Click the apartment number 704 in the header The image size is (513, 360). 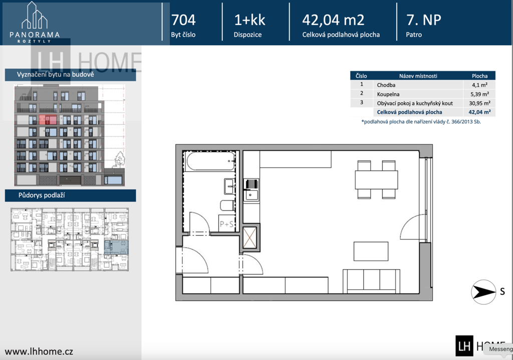click(x=183, y=20)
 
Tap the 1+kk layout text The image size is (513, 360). click(x=249, y=20)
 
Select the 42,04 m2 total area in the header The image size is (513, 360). click(x=333, y=20)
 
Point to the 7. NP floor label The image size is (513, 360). click(x=423, y=20)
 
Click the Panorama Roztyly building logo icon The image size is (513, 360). click(x=35, y=15)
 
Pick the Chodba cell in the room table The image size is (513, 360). click(x=386, y=85)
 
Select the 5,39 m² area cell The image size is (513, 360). click(x=479, y=94)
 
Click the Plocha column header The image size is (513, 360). click(x=479, y=76)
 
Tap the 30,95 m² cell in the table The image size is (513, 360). click(x=479, y=103)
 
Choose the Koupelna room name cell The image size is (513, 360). click(x=388, y=94)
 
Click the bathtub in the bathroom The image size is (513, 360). click(x=210, y=160)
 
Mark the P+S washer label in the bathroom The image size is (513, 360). click(x=227, y=224)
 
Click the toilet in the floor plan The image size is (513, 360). click(x=227, y=206)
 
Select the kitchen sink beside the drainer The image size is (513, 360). click(x=251, y=196)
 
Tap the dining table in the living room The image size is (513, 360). click(x=376, y=179)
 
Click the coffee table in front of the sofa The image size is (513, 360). click(x=371, y=251)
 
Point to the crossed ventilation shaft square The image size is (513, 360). click(x=250, y=238)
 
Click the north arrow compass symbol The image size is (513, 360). click(x=483, y=291)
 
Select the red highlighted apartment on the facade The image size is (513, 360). click(x=48, y=119)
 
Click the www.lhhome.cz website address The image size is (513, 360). click(x=39, y=351)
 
